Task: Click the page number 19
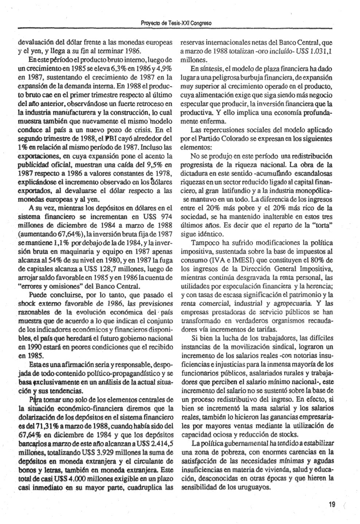coord(332,504)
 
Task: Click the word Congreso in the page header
coord(200,23)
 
